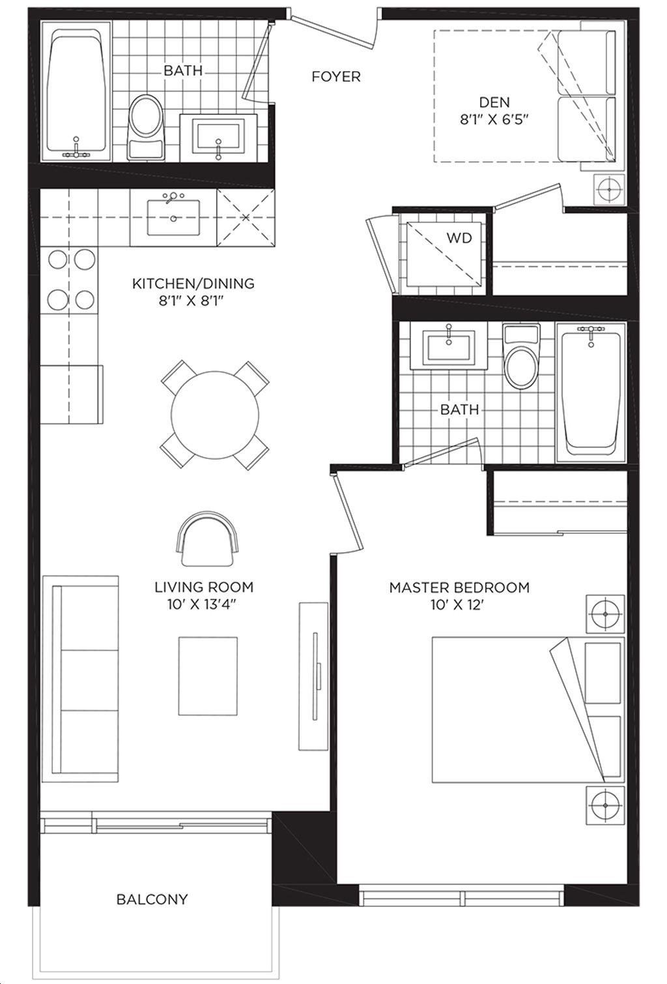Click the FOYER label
pos(335,77)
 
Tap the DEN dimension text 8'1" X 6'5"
pos(494,119)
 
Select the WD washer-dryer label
pos(459,237)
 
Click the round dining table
pos(215,415)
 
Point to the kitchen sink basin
pos(173,218)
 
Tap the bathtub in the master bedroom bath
pos(591,392)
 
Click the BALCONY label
pos(152,899)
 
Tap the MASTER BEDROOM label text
pos(459,588)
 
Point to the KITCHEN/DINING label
pos(193,284)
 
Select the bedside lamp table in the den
pos(609,189)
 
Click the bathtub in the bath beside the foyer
pos(76,92)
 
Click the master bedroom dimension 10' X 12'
pos(457,605)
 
